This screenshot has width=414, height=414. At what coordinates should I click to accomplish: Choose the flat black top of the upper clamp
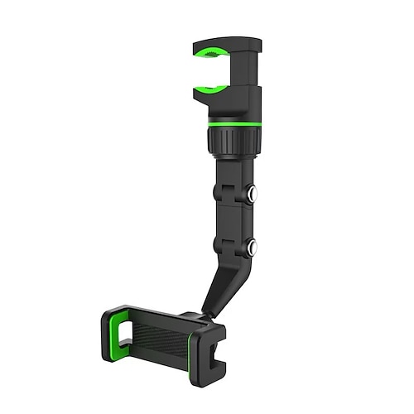224,41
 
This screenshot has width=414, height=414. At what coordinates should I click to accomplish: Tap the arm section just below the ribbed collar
233,170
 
